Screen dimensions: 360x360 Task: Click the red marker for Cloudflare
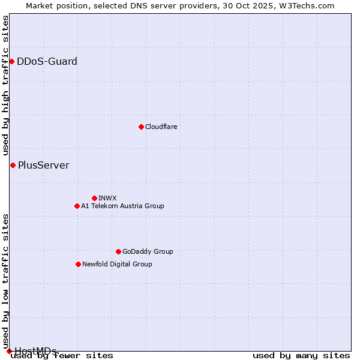[141, 127]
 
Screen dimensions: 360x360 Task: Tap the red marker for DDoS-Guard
[11, 61]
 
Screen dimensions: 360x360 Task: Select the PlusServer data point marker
[13, 165]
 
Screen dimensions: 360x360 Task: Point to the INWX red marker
[94, 198]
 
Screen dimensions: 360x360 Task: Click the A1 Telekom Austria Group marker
[77, 206]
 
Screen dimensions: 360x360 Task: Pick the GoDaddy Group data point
[118, 251]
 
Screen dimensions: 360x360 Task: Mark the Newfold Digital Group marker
[78, 264]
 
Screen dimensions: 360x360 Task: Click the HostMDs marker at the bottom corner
[9, 351]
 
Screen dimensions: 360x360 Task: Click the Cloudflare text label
[161, 127]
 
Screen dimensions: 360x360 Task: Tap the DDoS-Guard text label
[47, 61]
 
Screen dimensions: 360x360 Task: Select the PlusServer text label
[44, 165]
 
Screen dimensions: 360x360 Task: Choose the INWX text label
[108, 198]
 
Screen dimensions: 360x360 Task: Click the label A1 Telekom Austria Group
[122, 206]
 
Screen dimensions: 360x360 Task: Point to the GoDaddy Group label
[148, 251]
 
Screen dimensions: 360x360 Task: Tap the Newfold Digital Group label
[117, 264]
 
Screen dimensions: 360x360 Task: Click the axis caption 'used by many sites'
[301, 355]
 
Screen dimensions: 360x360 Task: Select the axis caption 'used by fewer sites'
[62, 355]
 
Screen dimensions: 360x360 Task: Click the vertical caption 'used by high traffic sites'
[5, 85]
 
